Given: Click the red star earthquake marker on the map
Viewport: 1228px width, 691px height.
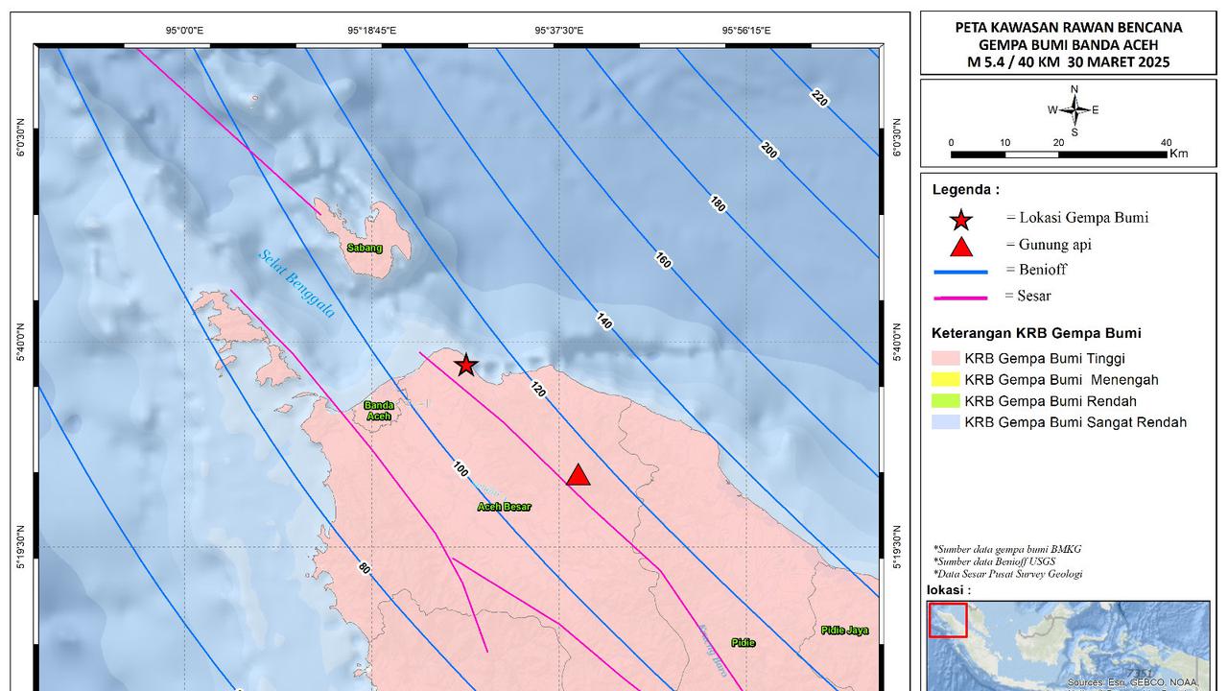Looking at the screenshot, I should tap(465, 365).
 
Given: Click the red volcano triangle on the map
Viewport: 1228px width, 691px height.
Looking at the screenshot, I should tap(578, 475).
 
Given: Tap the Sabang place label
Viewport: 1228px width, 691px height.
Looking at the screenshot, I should tap(365, 249).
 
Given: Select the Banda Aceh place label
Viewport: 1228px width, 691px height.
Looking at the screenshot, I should tap(379, 411).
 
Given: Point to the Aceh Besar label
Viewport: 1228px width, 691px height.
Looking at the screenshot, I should tap(504, 507).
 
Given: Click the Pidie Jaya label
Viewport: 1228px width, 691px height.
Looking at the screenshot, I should tap(844, 631).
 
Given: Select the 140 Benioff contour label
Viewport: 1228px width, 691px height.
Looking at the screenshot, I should tap(603, 321).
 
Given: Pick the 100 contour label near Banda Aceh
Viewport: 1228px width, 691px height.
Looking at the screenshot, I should tap(460, 468).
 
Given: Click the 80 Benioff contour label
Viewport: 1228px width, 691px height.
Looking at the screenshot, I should tap(365, 568).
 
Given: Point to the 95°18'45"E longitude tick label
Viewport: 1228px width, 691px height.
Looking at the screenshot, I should tap(371, 31).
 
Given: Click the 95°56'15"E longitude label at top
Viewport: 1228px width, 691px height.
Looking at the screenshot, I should tap(745, 31).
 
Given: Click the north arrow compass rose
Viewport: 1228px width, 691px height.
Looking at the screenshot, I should tap(1074, 110).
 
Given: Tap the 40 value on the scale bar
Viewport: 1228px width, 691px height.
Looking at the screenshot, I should tap(1167, 142).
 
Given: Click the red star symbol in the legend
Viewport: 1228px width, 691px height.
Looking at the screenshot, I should tap(960, 220).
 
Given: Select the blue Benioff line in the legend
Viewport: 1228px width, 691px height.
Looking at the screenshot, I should tap(960, 273).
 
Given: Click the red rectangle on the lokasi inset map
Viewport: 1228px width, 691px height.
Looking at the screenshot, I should tap(948, 619).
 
